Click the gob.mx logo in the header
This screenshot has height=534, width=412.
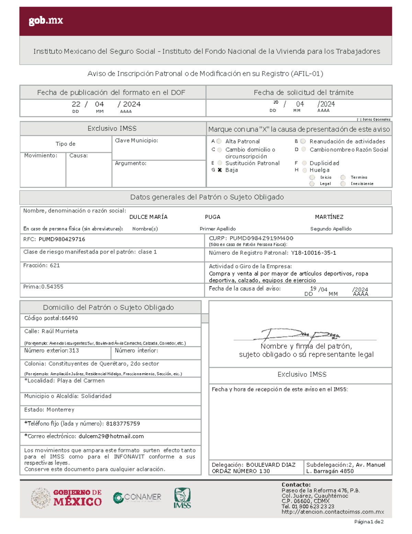(46, 21)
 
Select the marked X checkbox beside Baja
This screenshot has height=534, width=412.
(220, 170)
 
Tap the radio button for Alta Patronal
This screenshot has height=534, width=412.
(219, 141)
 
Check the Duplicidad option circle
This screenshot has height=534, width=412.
(304, 163)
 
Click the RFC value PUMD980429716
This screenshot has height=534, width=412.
(62, 239)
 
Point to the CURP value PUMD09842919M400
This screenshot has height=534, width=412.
(261, 238)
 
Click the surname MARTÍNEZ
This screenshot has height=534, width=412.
(329, 217)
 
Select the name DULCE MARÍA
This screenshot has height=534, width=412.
(148, 217)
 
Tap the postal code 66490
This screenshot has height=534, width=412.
(70, 318)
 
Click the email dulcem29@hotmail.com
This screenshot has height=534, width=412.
(111, 436)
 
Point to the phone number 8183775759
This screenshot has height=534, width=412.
(123, 424)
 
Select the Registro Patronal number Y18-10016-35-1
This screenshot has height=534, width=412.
(313, 253)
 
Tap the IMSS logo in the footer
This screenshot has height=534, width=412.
(182, 498)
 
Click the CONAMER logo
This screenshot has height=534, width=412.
(137, 497)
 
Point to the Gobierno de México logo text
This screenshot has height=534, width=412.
(77, 498)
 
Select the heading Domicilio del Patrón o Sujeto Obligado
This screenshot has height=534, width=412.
(108, 308)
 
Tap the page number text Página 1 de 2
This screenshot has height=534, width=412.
(369, 522)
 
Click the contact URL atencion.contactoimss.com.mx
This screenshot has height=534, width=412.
(332, 512)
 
